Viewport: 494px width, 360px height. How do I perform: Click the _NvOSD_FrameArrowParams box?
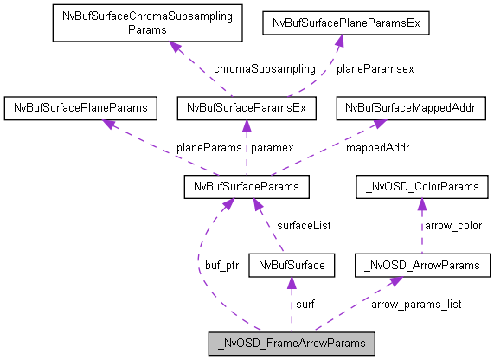click(x=292, y=344)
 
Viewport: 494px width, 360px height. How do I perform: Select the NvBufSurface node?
click(x=291, y=265)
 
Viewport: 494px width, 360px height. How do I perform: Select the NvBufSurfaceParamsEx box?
click(x=247, y=109)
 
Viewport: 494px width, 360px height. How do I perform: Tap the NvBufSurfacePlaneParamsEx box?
click(x=345, y=22)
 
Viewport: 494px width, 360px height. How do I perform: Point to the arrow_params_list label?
click(x=416, y=304)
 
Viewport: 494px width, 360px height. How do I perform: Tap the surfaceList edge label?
click(x=303, y=226)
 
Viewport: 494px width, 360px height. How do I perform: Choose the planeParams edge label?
click(x=209, y=147)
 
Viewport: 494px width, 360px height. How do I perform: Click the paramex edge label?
click(x=273, y=147)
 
